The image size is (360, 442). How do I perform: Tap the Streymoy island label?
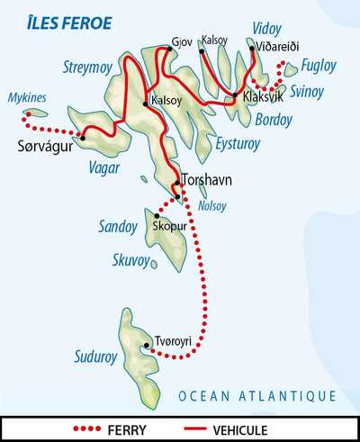(x=88, y=66)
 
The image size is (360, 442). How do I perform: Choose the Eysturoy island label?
(x=240, y=141)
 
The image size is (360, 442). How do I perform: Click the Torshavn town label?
(x=207, y=180)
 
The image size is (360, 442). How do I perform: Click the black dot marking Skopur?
(x=157, y=216)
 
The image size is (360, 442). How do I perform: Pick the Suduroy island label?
(x=94, y=357)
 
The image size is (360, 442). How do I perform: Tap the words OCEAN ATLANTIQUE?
(x=256, y=395)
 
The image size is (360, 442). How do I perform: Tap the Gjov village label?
(x=181, y=41)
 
